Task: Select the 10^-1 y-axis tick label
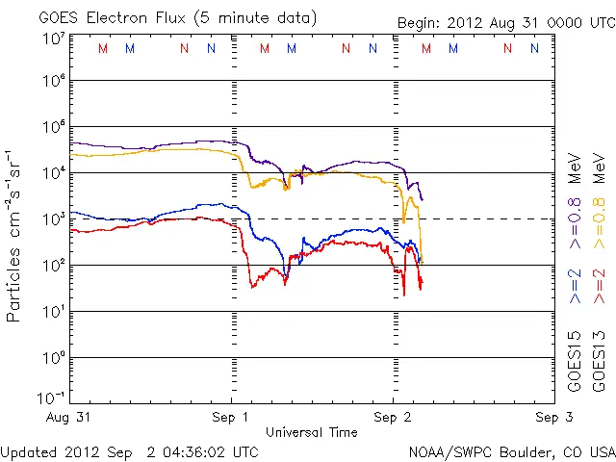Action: (x=52, y=398)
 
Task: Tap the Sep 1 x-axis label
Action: (x=232, y=418)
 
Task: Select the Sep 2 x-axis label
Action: (x=393, y=418)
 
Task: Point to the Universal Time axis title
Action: (x=312, y=432)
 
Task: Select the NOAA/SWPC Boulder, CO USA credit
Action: (x=511, y=451)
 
